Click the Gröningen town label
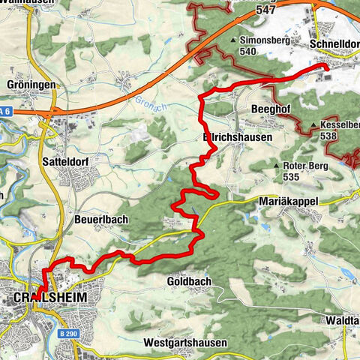31,85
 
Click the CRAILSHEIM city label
50,298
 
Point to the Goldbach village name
188,281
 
